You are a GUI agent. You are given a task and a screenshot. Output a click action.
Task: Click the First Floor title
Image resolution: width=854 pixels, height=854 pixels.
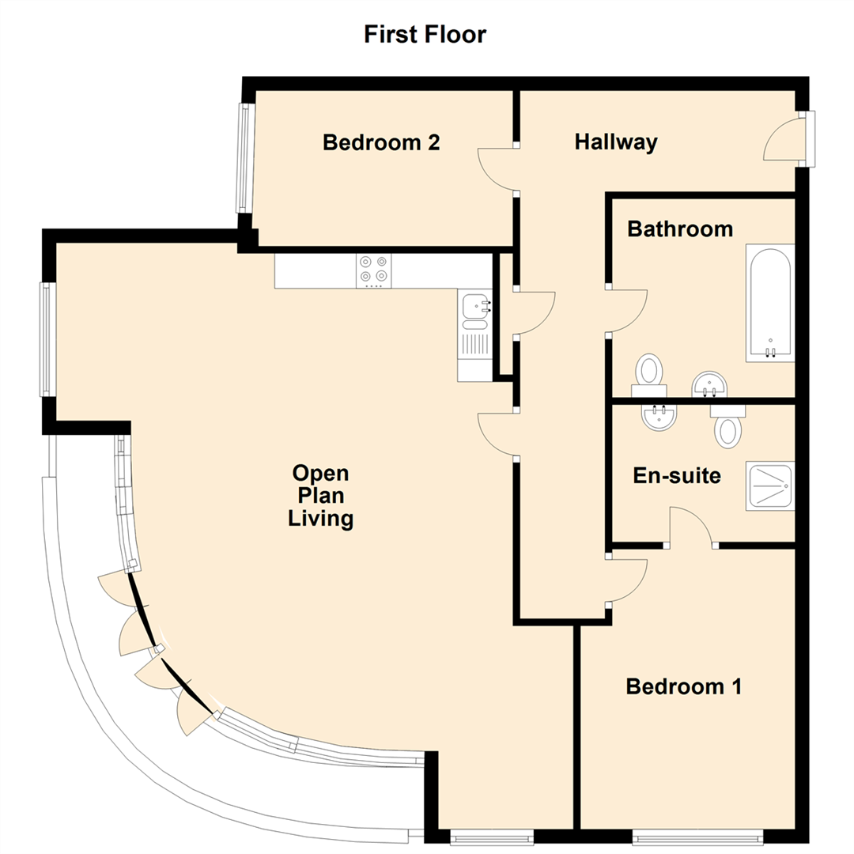click(x=425, y=35)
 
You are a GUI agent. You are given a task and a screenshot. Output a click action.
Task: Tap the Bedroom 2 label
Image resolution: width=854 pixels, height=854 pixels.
click(x=381, y=143)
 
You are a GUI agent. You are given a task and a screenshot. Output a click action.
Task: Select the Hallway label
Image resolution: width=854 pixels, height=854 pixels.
click(x=616, y=143)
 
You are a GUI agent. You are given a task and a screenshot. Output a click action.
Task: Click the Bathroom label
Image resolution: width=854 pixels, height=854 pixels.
click(x=680, y=229)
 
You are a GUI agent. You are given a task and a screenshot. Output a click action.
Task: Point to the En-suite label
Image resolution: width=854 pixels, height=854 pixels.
click(x=677, y=476)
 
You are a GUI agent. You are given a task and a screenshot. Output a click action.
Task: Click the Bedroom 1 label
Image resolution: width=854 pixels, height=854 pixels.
click(x=684, y=686)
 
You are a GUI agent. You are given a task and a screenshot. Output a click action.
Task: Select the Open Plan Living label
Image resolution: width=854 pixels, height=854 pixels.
click(x=320, y=496)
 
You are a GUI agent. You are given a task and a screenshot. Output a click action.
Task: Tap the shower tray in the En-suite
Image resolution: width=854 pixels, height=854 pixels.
click(x=769, y=486)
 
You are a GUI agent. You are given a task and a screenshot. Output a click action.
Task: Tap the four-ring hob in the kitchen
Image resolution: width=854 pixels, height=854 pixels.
click(x=374, y=269)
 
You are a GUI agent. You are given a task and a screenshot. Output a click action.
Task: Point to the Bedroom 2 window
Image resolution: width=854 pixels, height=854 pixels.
click(x=244, y=158)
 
